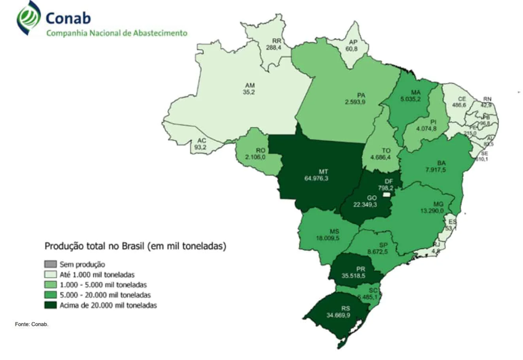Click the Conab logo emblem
pos(28,18)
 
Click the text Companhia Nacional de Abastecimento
pos(117,33)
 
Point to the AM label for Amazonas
pos(250,85)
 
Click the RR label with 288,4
pos(276,44)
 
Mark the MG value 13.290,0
pos(432,211)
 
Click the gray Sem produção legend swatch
pos(50,264)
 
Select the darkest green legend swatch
pos(50,305)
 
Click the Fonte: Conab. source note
pos(32,324)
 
